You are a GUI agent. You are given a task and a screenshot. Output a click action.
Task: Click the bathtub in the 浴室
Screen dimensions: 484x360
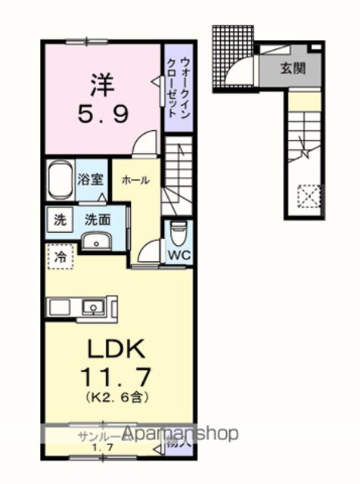[x=59, y=181]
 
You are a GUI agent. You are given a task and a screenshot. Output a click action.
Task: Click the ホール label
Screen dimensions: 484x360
[x=136, y=180]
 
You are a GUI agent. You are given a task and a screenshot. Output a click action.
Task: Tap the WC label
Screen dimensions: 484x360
[x=178, y=254]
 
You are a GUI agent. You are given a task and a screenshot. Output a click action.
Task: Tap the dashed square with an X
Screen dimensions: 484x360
[x=308, y=199]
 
